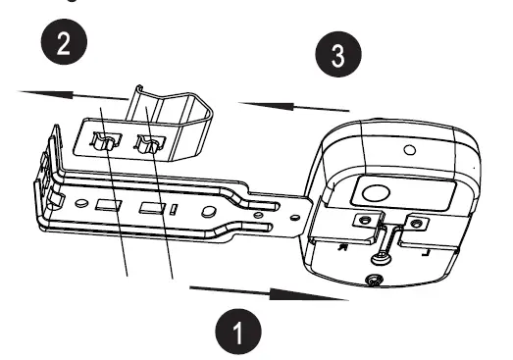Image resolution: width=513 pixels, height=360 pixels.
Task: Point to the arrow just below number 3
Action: coord(294,105)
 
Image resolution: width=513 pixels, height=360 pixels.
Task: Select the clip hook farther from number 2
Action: coord(148,147)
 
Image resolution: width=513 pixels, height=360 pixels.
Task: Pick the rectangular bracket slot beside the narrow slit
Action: coord(150,208)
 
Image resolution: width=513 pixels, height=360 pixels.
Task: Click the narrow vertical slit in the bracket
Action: coord(172,209)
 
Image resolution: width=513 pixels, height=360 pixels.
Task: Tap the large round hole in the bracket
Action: coord(206,211)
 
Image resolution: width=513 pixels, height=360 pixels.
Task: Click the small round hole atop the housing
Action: coord(409,149)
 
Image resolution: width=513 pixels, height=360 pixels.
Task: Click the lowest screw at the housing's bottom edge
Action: coord(372,283)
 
